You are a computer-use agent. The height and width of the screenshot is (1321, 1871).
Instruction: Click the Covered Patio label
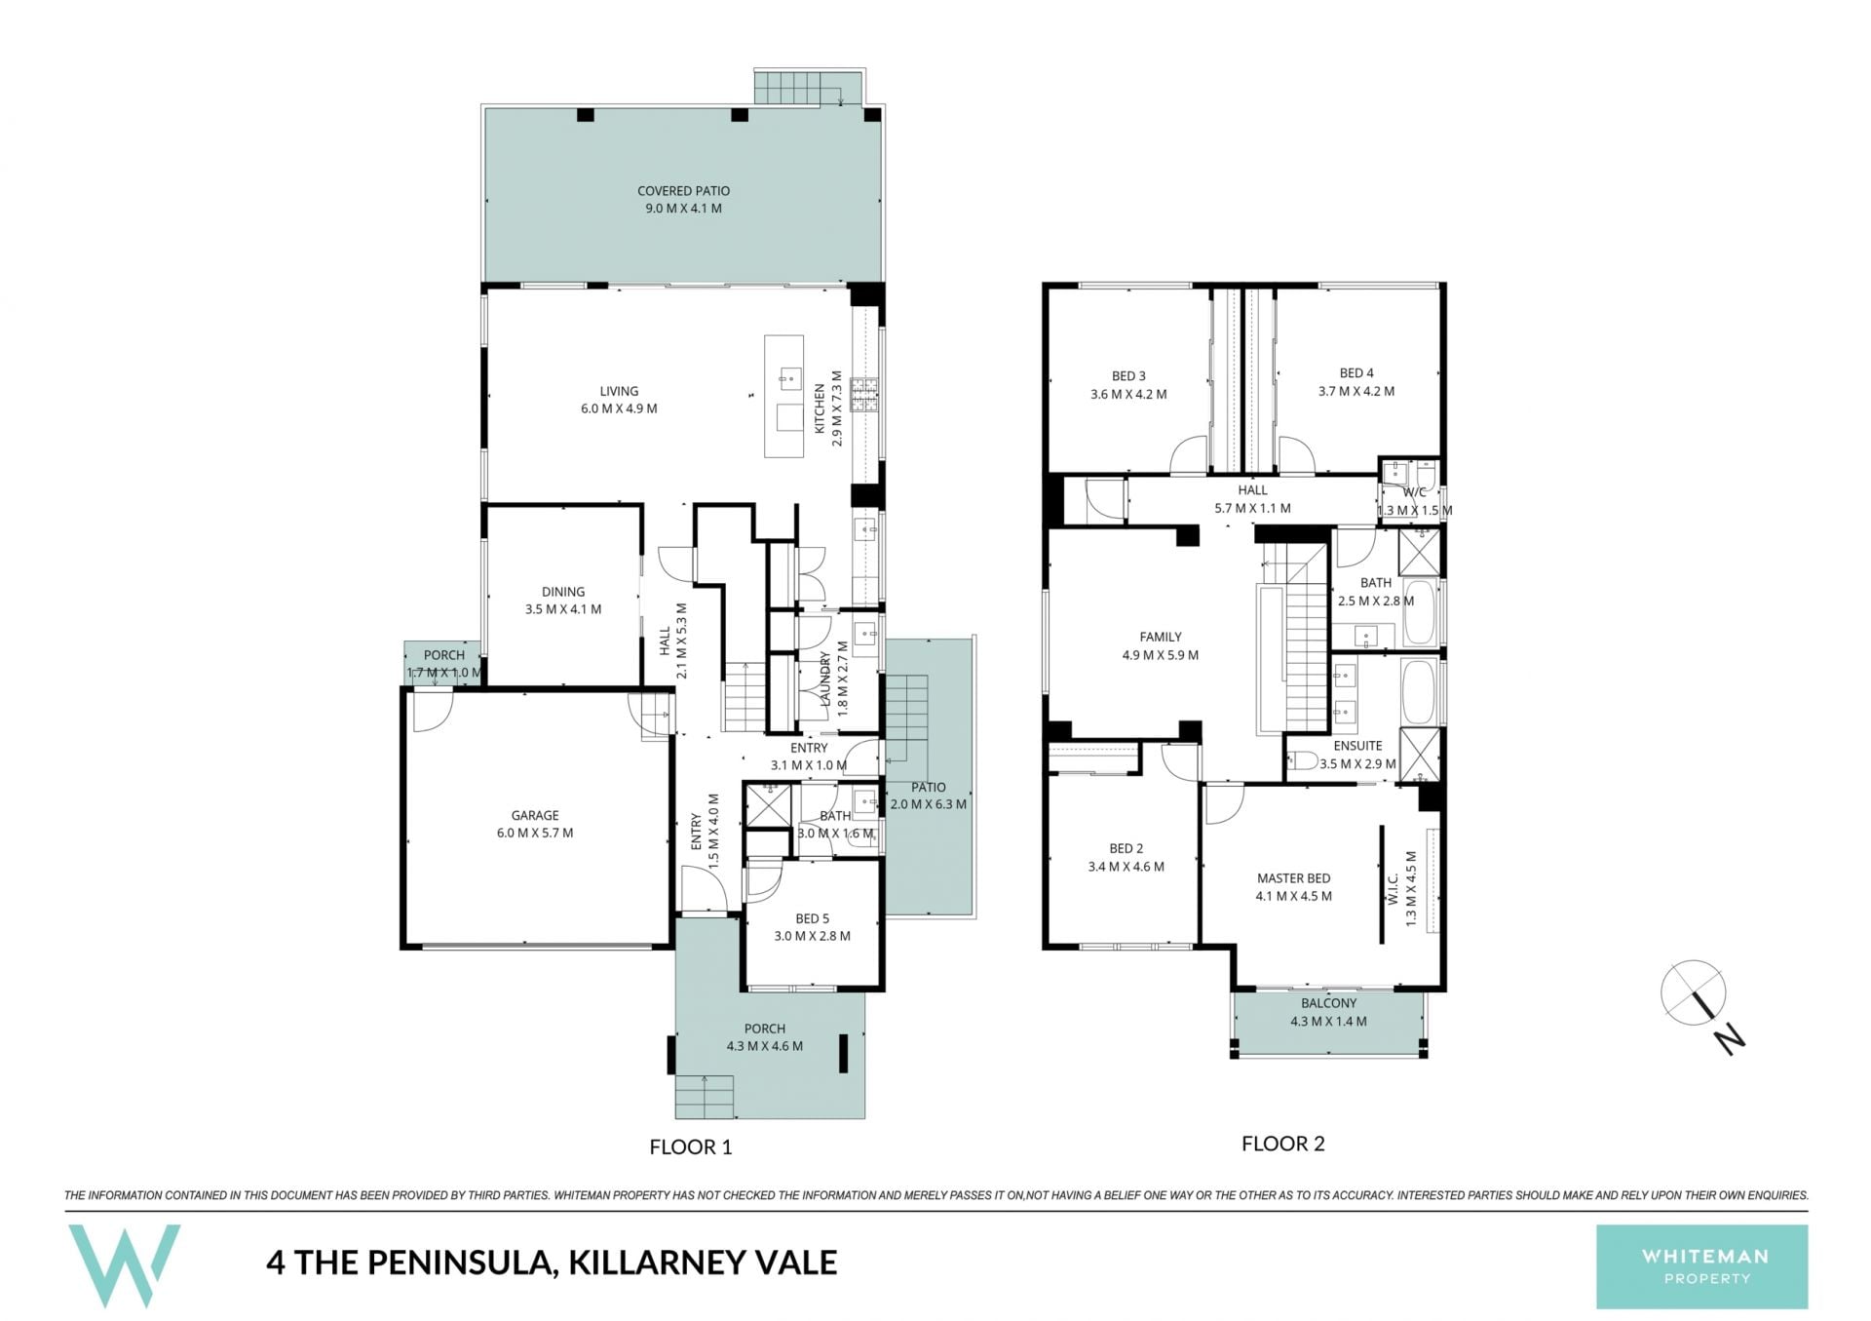683,191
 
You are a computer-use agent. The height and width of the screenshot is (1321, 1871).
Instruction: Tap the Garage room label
535,815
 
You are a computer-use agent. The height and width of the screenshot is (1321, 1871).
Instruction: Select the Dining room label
563,592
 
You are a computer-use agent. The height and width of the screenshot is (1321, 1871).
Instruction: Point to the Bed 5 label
812,918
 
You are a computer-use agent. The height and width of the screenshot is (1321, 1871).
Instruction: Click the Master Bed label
1293,878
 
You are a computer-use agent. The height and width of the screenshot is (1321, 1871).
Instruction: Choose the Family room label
1160,638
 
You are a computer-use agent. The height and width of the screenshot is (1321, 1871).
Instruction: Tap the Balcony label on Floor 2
1328,1003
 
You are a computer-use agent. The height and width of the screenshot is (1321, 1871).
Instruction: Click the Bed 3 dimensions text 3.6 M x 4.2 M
1128,395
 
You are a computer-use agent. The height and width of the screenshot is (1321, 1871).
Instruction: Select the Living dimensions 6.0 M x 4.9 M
619,408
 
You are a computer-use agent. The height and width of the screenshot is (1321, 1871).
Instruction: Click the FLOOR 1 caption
690,1147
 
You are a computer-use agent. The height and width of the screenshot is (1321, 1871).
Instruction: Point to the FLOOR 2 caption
1282,1144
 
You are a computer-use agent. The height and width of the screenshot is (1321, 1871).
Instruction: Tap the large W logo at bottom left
124,1265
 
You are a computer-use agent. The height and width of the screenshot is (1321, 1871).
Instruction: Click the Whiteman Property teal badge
1701,1266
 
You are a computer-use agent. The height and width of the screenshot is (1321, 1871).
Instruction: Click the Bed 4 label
1356,373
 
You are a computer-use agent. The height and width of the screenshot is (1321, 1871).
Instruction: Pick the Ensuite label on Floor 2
1357,746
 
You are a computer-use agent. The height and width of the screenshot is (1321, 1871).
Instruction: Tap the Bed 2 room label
1126,849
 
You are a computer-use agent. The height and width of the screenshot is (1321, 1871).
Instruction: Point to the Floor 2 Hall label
1252,490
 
